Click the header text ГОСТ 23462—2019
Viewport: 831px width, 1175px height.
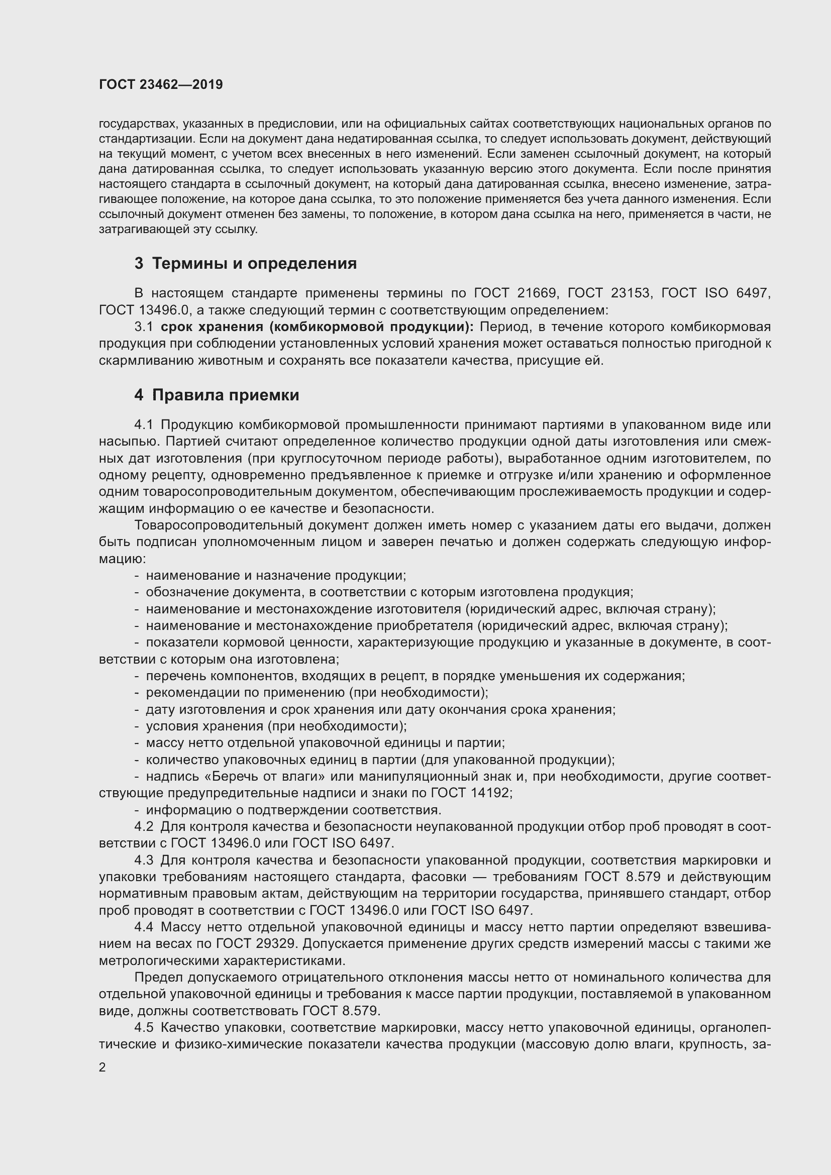[x=161, y=84]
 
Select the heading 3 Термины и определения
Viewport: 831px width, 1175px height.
[x=246, y=264]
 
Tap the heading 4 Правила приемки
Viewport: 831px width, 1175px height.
[x=217, y=395]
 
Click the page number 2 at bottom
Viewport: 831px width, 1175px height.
[x=102, y=1067]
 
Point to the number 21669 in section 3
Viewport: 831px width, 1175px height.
[x=536, y=293]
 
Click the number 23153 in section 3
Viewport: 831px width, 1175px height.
[x=632, y=293]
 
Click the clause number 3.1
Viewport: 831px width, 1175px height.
[x=143, y=327]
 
